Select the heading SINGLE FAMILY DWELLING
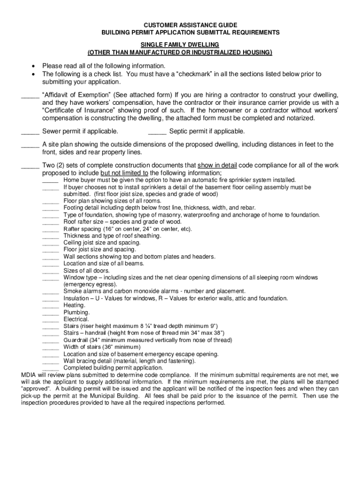[180, 44]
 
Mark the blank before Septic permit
[157, 131]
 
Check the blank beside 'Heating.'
[50, 305]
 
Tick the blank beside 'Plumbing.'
[50, 312]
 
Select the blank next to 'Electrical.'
[50, 319]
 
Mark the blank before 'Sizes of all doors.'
[50, 271]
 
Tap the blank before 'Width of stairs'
[50, 347]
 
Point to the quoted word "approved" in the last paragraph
[37, 388]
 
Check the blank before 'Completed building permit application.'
[50, 368]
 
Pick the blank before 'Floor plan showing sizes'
[50, 201]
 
